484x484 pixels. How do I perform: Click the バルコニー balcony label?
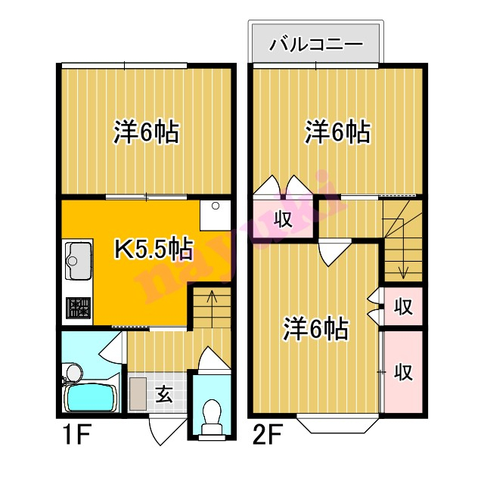pos(316,45)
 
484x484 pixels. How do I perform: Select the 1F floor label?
pos(77,435)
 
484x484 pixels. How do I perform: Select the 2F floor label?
pos(267,435)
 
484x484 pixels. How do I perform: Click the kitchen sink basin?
pos(79,260)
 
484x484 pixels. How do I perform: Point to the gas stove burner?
pos(79,308)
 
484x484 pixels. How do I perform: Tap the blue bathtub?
pos(91,399)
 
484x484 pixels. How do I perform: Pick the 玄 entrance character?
pos(163,395)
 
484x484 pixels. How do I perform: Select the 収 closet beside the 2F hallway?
pos(283,219)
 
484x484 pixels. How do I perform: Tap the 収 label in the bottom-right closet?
pos(403,371)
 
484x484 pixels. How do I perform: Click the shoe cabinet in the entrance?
pos(138,393)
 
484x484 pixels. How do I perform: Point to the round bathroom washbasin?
pos(74,373)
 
